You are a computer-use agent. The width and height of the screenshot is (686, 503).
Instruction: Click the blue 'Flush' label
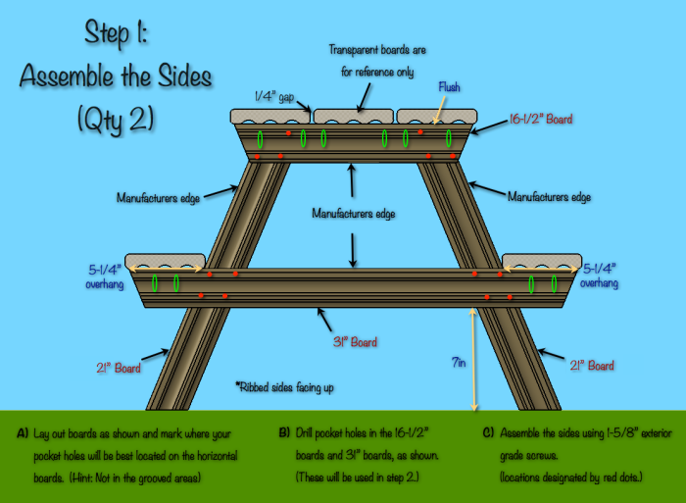click(x=449, y=84)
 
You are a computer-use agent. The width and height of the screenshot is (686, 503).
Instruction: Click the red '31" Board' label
click(x=351, y=342)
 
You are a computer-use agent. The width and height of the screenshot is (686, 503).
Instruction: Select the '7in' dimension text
click(x=458, y=362)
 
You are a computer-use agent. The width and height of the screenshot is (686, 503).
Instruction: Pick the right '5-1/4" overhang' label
click(x=601, y=275)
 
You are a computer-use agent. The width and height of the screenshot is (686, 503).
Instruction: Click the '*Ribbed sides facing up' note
click(x=285, y=387)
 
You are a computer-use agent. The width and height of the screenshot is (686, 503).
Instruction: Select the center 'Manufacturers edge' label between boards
click(x=353, y=212)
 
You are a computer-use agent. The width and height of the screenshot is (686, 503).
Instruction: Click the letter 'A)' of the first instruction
click(x=23, y=432)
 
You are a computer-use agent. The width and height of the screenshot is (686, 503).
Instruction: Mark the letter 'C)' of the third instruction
click(x=488, y=432)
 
